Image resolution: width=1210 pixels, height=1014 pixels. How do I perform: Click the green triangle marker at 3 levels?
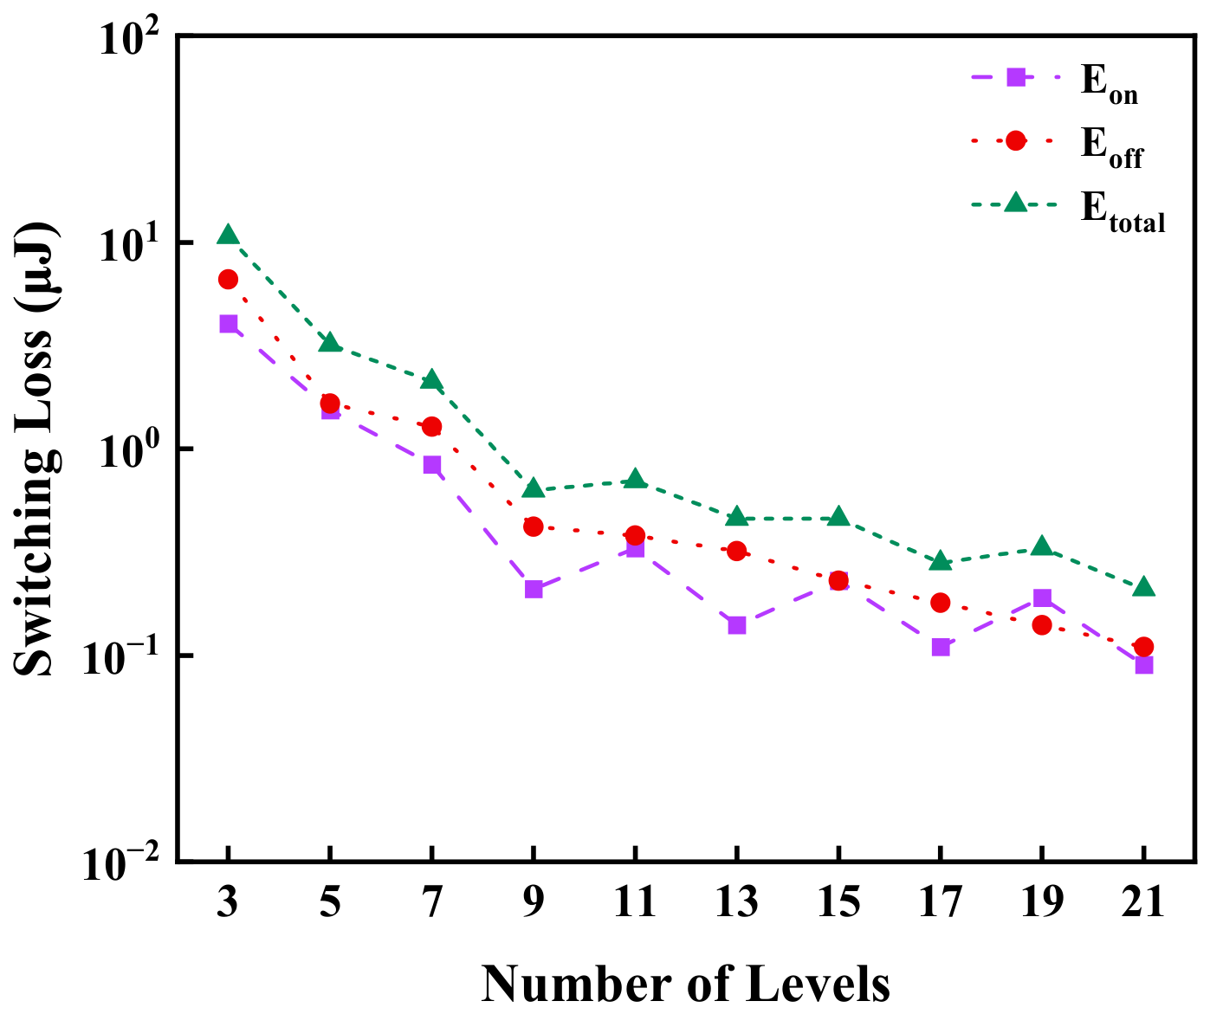pyautogui.click(x=229, y=235)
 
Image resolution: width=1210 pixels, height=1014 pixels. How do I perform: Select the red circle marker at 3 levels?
pyautogui.click(x=229, y=280)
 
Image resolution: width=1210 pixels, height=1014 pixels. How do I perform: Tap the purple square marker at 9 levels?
pyautogui.click(x=534, y=590)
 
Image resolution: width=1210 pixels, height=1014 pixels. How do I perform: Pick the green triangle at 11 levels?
pyautogui.click(x=636, y=478)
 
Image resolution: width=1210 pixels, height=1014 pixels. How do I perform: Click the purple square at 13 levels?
pyautogui.click(x=736, y=625)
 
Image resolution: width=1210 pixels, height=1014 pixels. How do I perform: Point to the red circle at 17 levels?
pyautogui.click(x=940, y=603)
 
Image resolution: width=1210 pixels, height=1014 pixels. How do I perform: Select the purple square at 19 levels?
pyautogui.click(x=1042, y=597)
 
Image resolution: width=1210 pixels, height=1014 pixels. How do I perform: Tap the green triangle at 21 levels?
pyautogui.click(x=1143, y=586)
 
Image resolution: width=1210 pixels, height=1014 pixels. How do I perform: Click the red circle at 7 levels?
pyautogui.click(x=431, y=426)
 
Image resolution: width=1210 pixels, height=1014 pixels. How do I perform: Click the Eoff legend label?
pyautogui.click(x=1111, y=148)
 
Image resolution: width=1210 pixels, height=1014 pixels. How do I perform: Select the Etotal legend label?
pyautogui.click(x=1123, y=213)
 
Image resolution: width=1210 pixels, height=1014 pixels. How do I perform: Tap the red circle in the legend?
pyautogui.click(x=1015, y=140)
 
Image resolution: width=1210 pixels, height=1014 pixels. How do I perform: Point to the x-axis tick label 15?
pyautogui.click(x=838, y=902)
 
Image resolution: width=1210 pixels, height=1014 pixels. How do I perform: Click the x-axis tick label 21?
pyautogui.click(x=1142, y=902)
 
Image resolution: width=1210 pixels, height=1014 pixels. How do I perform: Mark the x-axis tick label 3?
pyautogui.click(x=228, y=902)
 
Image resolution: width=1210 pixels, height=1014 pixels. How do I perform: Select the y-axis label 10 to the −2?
pyautogui.click(x=120, y=863)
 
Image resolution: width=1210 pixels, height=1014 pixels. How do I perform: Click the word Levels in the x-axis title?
pyautogui.click(x=818, y=985)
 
